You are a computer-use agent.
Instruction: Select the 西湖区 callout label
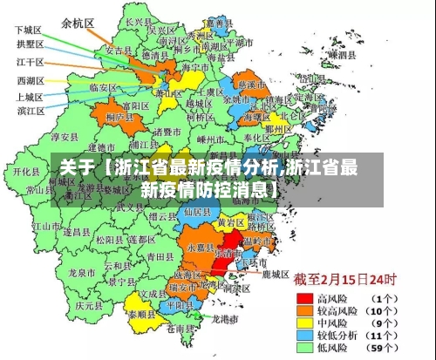click(x=29, y=80)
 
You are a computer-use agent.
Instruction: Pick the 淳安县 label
click(x=65, y=137)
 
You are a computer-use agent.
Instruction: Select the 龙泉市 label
click(x=81, y=273)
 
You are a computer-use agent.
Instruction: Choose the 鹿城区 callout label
click(x=275, y=274)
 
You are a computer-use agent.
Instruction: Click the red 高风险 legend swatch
click(x=303, y=297)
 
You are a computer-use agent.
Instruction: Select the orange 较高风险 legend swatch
click(x=303, y=309)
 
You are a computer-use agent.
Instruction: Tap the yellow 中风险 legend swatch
click(x=303, y=322)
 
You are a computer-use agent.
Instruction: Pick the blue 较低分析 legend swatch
click(x=303, y=334)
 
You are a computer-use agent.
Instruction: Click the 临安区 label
click(x=105, y=87)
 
